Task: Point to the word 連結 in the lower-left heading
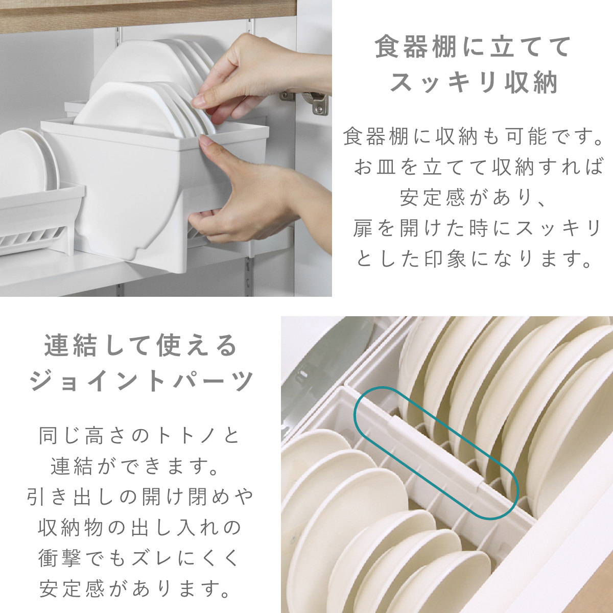[x=63, y=346]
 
